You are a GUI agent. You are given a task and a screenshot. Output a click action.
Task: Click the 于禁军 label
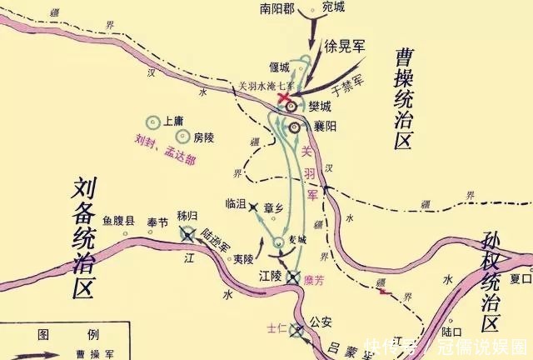348,83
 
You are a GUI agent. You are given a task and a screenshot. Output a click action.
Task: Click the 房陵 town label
203,137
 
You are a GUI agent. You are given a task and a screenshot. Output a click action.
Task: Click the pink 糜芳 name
314,281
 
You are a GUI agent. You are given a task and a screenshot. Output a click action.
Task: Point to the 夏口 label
521,278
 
